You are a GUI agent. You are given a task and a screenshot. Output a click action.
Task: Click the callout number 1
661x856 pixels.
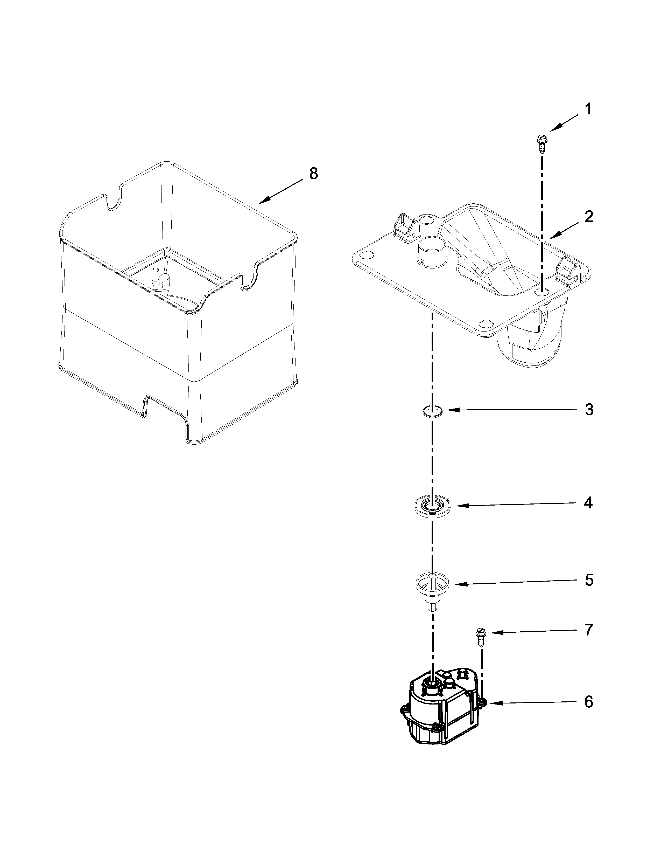(x=587, y=110)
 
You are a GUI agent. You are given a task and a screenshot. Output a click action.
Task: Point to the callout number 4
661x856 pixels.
(x=588, y=503)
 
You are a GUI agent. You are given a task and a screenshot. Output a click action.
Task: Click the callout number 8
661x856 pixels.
(x=313, y=174)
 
